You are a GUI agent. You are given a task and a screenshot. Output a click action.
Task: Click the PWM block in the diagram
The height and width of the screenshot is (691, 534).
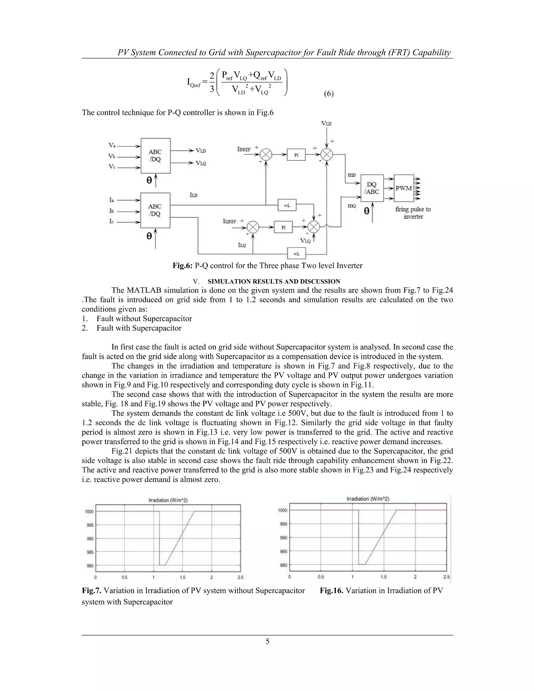point(404,188)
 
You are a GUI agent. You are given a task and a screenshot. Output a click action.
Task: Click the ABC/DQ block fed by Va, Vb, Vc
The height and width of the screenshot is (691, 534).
point(155,156)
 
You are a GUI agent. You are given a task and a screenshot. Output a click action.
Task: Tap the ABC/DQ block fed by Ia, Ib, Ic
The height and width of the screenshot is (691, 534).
point(155,210)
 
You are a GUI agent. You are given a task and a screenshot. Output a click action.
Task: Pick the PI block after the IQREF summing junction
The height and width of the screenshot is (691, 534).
point(283,227)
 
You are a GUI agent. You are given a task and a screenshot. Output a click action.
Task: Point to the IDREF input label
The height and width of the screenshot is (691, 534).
point(244,149)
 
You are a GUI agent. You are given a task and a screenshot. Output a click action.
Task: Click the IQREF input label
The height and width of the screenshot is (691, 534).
point(230,221)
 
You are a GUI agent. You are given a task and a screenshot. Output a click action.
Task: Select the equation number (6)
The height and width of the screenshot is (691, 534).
point(328,94)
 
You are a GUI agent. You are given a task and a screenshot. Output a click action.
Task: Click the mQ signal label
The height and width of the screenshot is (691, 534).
point(352,206)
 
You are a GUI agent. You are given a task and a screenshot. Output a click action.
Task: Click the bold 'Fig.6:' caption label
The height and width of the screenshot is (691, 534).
point(183,265)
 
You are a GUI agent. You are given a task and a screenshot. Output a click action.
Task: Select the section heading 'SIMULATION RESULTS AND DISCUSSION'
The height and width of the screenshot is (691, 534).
point(274,281)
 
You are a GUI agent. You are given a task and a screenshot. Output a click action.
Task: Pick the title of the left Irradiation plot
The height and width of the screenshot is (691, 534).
point(168,500)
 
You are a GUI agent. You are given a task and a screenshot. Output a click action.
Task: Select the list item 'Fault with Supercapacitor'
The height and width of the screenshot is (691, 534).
point(139,328)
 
